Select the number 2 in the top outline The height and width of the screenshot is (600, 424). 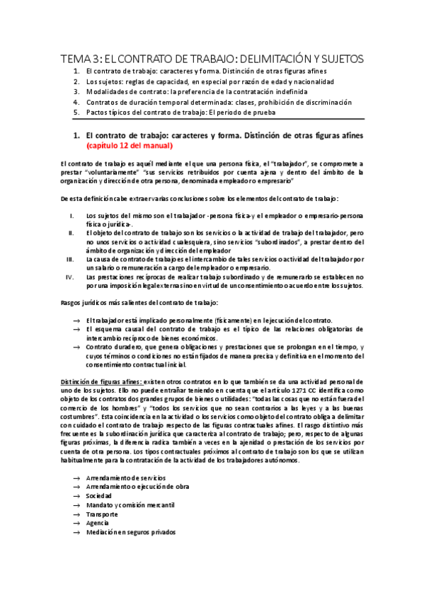click(76, 81)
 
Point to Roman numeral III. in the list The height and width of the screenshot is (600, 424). click(69, 260)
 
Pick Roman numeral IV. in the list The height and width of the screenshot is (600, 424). click(69, 277)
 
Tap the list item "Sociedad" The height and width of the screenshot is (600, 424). click(100, 496)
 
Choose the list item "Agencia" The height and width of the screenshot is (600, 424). click(98, 523)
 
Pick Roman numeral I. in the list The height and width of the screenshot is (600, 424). click(71, 215)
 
